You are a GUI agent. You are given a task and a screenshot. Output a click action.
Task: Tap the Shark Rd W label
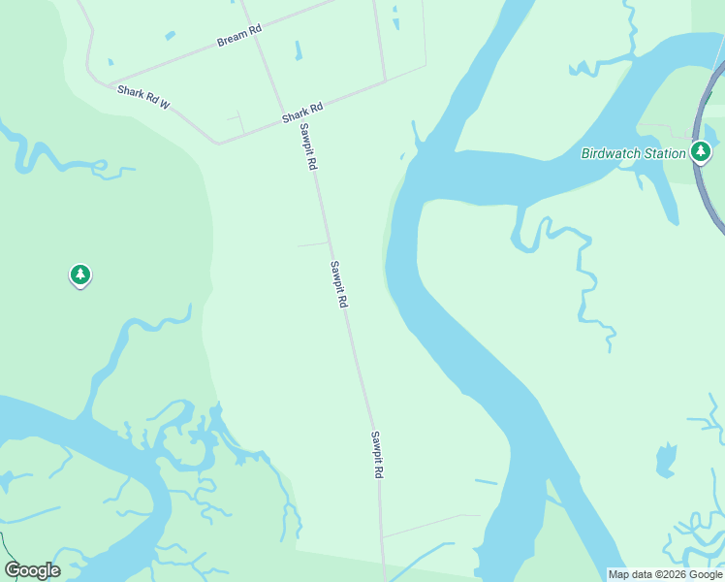(143, 96)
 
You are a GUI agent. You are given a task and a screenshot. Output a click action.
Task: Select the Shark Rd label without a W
(301, 113)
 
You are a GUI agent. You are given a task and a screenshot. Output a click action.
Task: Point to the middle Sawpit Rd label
(337, 284)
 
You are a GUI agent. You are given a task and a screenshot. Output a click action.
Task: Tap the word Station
(667, 153)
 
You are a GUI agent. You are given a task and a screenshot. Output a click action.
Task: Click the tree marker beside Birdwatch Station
(701, 151)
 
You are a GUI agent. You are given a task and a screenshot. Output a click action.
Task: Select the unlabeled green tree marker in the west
(80, 275)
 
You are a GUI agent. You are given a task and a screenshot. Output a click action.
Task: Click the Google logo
(32, 570)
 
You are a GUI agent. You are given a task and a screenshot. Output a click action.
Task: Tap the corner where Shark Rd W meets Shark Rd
(219, 144)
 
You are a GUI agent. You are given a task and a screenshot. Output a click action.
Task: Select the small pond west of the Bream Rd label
(171, 36)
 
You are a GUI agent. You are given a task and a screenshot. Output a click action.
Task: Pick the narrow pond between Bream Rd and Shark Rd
(298, 50)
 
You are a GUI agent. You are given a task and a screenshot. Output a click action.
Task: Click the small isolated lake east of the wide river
(665, 460)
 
